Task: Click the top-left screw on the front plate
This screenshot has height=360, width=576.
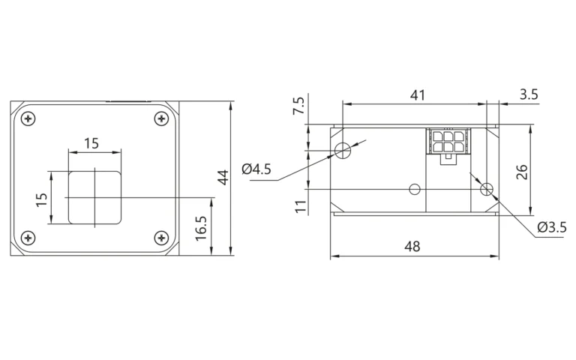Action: pyautogui.click(x=28, y=119)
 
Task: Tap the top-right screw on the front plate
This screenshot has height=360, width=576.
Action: pyautogui.click(x=161, y=119)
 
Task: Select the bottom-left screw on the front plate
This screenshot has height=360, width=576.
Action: pyautogui.click(x=28, y=238)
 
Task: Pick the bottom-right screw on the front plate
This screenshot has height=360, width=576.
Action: pyautogui.click(x=161, y=238)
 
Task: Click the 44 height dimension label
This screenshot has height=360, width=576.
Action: pyautogui.click(x=223, y=178)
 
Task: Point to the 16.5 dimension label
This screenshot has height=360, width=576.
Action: pyautogui.click(x=201, y=228)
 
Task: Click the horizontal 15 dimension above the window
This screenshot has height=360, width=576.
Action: pyautogui.click(x=91, y=143)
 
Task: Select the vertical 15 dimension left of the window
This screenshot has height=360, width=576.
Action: pyautogui.click(x=42, y=199)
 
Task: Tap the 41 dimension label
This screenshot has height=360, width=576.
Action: pyautogui.click(x=418, y=95)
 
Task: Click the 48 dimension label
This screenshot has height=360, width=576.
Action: pyautogui.click(x=412, y=247)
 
